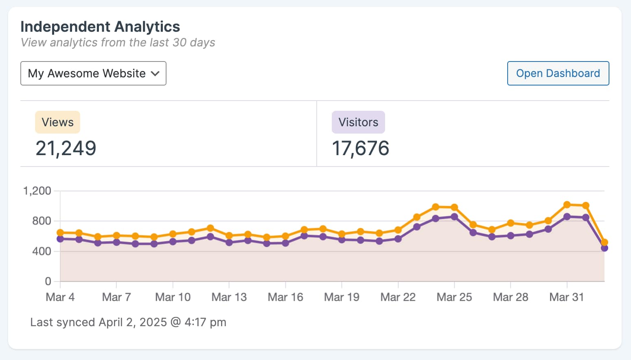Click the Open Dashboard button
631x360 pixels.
558,73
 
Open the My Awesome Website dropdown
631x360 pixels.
93,73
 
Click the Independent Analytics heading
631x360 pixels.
100,26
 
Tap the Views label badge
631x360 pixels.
57,122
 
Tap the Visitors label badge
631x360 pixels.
358,122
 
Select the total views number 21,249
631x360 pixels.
66,148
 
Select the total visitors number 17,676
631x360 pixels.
360,148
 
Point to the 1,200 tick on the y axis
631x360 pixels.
37,191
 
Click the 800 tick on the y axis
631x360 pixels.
42,221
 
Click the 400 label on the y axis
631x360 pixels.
42,251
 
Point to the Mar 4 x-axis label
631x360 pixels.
60,297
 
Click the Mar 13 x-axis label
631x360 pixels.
229,297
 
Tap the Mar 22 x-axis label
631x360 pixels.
398,297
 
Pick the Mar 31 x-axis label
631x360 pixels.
567,297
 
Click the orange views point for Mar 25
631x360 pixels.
454,208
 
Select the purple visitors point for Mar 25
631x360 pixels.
454,217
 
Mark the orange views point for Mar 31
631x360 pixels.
567,204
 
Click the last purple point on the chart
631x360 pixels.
605,248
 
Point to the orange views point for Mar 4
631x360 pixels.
60,233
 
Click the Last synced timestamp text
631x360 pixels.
128,322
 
